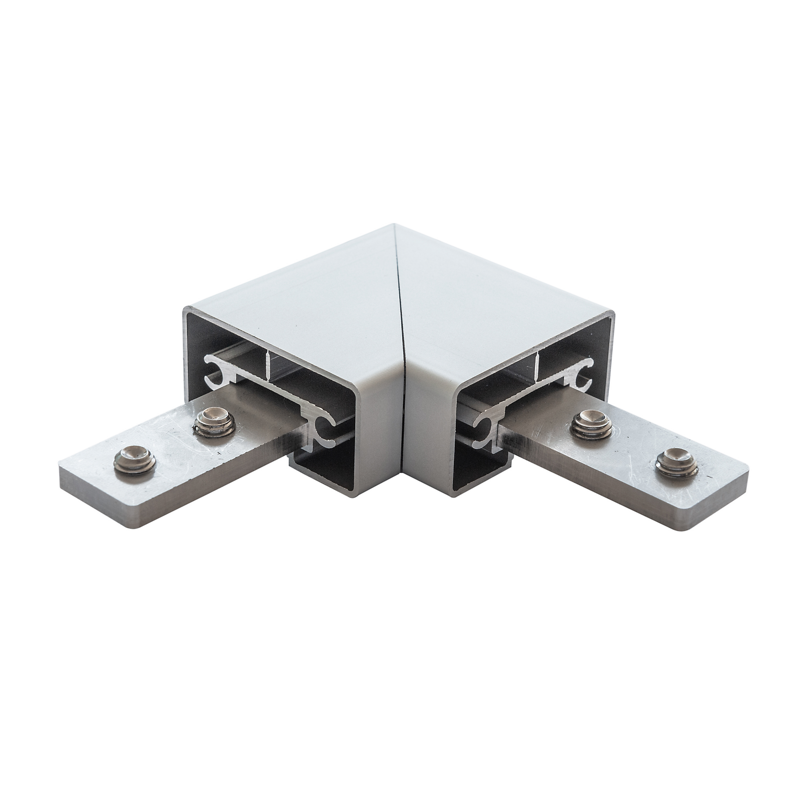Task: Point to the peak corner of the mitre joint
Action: point(394,225)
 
